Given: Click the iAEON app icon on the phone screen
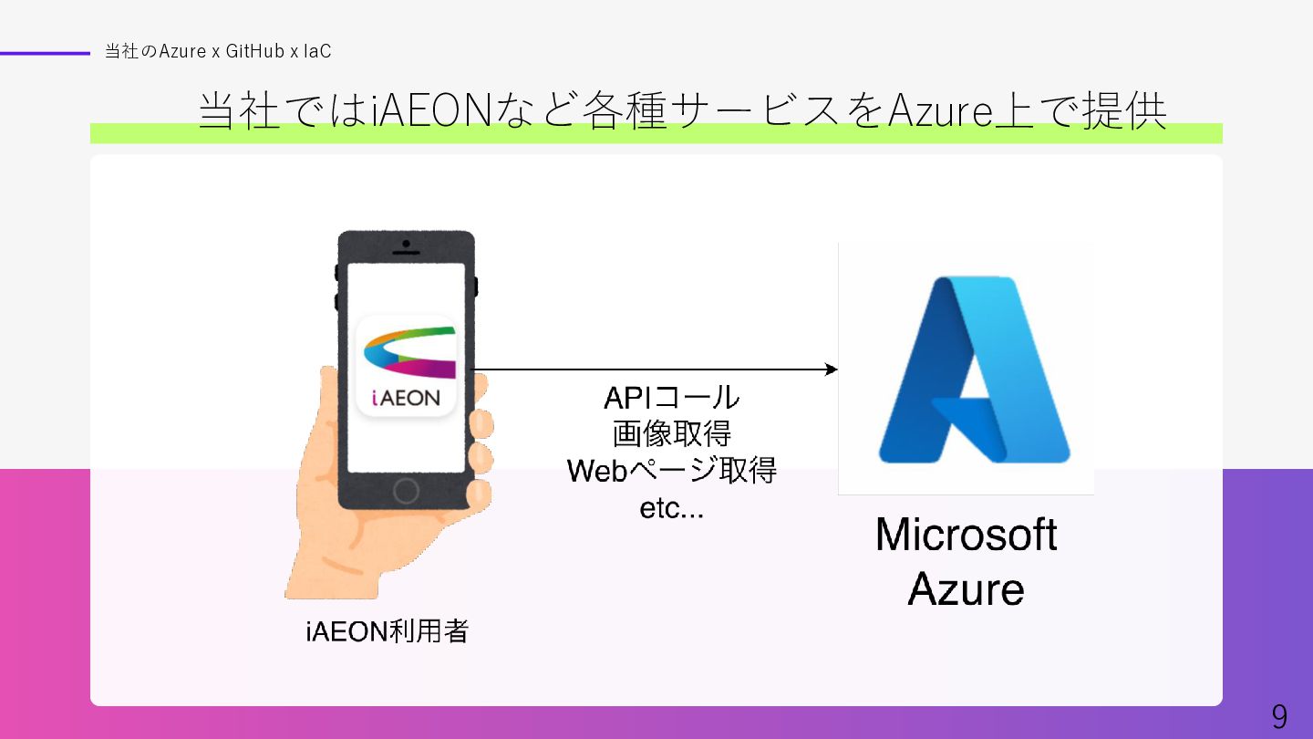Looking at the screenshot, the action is pyautogui.click(x=406, y=365).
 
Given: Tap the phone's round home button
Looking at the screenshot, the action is pyautogui.click(x=406, y=491).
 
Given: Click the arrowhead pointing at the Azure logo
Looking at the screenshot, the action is pyautogui.click(x=831, y=369).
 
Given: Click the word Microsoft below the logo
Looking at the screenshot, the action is pyautogui.click(x=966, y=535).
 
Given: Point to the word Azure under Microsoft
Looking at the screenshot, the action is pyautogui.click(x=966, y=589).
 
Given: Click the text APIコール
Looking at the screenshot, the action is pyautogui.click(x=671, y=398).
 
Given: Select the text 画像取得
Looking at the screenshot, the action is pyautogui.click(x=671, y=434).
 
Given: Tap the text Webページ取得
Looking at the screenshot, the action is pyautogui.click(x=671, y=471).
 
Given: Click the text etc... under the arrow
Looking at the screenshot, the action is pyautogui.click(x=671, y=508).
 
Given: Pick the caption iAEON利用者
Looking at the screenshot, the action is pyautogui.click(x=387, y=631).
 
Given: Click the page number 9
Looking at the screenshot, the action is pyautogui.click(x=1279, y=717).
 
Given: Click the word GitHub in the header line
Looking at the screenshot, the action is pyautogui.click(x=255, y=52).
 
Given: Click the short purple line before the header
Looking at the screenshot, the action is pyautogui.click(x=45, y=53).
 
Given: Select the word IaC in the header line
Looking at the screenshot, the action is pyautogui.click(x=317, y=52).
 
